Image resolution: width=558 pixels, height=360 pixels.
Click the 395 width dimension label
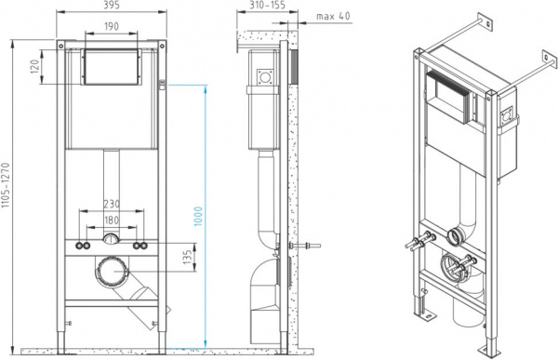click(112, 5)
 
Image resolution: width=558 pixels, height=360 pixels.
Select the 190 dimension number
click(112, 26)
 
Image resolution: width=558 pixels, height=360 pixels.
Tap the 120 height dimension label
click(34, 67)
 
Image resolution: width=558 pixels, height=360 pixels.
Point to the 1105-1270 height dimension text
click(5, 185)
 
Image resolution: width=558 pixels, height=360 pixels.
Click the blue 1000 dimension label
click(198, 216)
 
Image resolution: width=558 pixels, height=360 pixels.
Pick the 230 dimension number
click(112, 204)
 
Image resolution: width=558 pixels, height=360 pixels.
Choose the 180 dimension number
click(112, 220)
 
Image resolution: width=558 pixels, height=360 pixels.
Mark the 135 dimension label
click(188, 257)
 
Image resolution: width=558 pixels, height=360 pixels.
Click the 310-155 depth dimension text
click(267, 5)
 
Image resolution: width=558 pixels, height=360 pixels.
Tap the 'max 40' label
click(333, 16)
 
